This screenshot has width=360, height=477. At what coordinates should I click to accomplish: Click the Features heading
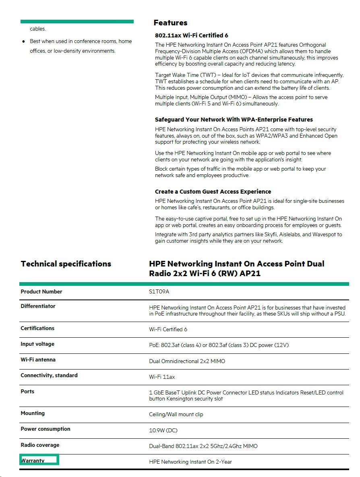[x=170, y=23]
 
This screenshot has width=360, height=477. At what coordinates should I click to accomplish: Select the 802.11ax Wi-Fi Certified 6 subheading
[x=192, y=35]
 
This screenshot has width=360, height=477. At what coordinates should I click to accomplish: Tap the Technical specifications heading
[x=66, y=264]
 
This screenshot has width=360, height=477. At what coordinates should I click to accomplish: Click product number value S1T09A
[x=159, y=292]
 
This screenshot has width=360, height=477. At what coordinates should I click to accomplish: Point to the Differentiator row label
[x=38, y=306]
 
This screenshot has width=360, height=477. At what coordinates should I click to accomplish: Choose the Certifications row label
[x=37, y=328]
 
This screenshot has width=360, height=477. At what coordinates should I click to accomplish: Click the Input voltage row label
[x=37, y=344]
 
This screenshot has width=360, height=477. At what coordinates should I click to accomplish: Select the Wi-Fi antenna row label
[x=38, y=360]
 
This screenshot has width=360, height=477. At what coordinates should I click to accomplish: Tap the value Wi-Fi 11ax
[x=162, y=377]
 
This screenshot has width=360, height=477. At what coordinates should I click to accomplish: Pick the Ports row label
[x=27, y=392]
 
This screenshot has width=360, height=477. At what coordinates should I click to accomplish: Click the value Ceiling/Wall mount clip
[x=176, y=415]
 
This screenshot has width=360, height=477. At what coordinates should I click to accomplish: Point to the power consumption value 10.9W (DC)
[x=163, y=431]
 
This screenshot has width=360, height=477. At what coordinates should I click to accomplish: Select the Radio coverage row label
[x=40, y=445]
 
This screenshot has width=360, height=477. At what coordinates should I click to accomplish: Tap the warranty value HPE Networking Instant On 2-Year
[x=190, y=462]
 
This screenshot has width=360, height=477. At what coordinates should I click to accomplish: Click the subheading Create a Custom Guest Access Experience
[x=213, y=192]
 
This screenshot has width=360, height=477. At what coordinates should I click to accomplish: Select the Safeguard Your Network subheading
[x=234, y=120]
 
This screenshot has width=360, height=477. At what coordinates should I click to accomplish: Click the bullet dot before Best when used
[x=24, y=41]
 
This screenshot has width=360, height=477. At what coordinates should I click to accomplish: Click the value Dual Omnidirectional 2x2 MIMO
[x=187, y=361]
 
